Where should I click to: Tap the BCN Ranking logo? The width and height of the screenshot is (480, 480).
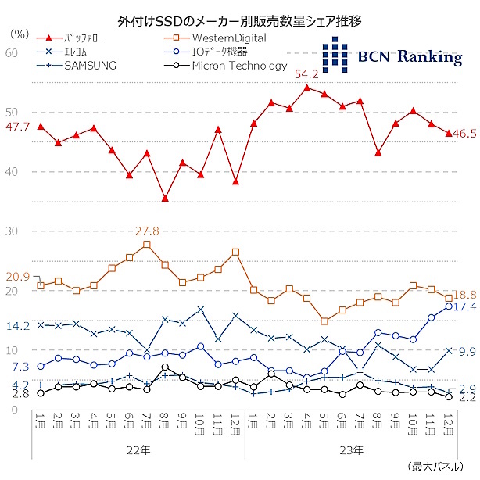[392, 56]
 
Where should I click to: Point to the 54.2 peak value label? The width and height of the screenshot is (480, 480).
[306, 74]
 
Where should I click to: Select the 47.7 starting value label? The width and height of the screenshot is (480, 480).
[17, 127]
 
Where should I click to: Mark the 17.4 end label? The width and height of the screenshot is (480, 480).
[465, 306]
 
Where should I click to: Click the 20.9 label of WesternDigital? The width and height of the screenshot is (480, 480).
[17, 277]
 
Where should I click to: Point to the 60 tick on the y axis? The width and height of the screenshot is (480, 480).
[12, 52]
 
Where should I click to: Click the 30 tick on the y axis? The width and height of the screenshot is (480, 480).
[12, 231]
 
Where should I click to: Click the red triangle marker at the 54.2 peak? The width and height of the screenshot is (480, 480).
[306, 88]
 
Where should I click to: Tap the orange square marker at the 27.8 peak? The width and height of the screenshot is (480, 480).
[147, 245]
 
